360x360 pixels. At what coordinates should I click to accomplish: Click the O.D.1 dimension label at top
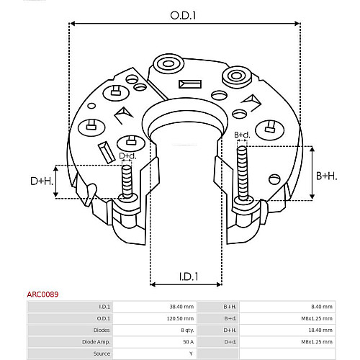pos(183,16)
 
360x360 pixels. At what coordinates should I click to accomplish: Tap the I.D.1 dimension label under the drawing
pos(189,276)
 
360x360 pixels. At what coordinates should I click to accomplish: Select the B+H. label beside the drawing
pos(326,176)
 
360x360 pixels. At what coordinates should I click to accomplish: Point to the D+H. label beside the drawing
pos(42,181)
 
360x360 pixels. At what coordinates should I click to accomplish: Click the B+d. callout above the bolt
pos(242,135)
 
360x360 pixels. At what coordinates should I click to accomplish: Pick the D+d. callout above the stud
pos(127,156)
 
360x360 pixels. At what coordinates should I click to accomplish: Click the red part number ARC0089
pos(42,294)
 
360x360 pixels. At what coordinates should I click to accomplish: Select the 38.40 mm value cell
pos(181,307)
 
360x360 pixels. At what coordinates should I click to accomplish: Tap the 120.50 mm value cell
pos(180,318)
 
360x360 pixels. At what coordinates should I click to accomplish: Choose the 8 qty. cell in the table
pos(187,330)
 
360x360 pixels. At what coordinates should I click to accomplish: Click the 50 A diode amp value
pos(188,342)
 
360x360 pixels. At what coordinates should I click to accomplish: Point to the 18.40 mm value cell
pos(320,330)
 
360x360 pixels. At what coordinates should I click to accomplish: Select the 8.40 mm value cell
pos(322,307)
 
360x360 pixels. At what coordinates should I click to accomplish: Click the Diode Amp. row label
pos(96,342)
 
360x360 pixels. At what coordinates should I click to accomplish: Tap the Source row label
pos(102,354)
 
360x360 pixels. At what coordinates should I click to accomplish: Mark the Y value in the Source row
pos(191,354)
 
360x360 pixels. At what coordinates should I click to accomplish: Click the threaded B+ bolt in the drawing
pos(243,174)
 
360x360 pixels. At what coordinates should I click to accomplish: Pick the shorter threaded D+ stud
pos(127,182)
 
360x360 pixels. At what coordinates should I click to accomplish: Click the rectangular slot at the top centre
pos(190,84)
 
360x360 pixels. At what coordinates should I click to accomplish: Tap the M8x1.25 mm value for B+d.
pos(317,318)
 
